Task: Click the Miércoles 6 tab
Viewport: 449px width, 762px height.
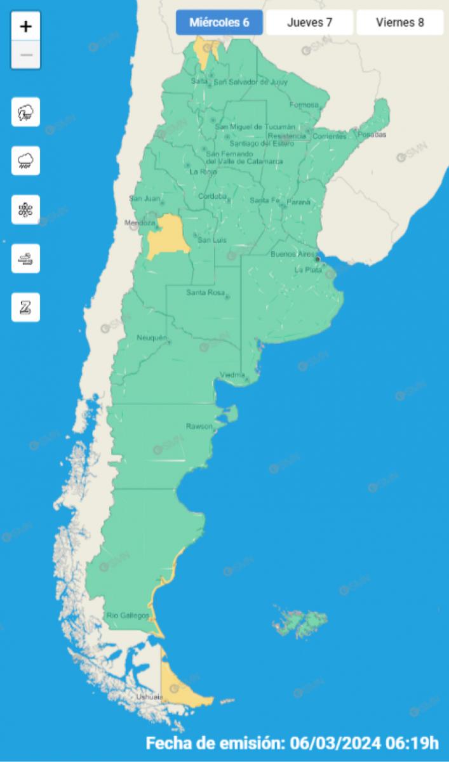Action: (219, 23)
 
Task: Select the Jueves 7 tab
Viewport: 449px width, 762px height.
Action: (309, 23)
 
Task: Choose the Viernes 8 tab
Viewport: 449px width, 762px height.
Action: (399, 23)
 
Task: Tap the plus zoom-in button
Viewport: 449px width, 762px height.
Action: (26, 27)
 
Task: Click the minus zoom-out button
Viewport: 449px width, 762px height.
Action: (26, 55)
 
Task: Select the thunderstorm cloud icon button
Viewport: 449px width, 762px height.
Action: (26, 113)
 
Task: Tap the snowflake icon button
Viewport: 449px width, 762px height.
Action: (26, 210)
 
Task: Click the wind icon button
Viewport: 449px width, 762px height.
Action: (26, 258)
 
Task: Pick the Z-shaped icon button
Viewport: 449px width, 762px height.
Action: (26, 307)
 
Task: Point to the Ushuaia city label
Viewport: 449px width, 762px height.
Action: (150, 697)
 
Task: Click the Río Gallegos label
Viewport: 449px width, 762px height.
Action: (128, 615)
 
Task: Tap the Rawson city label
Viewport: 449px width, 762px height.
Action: (199, 426)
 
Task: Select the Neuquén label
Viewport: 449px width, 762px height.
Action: (152, 337)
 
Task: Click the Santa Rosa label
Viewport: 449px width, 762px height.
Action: (203, 293)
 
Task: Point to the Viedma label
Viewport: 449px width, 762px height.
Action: (232, 374)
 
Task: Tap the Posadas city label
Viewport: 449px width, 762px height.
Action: (372, 135)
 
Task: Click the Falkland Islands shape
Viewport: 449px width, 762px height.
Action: (300, 622)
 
